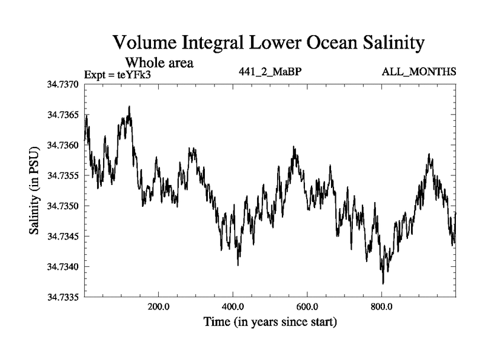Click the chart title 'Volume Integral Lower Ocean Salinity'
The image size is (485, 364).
[267, 44]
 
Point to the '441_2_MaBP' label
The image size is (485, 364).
[270, 72]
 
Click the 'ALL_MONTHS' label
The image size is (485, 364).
[419, 72]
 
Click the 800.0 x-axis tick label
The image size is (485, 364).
[382, 307]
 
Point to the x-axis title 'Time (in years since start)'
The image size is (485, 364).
[270, 322]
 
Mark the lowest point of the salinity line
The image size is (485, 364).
[383, 283]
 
